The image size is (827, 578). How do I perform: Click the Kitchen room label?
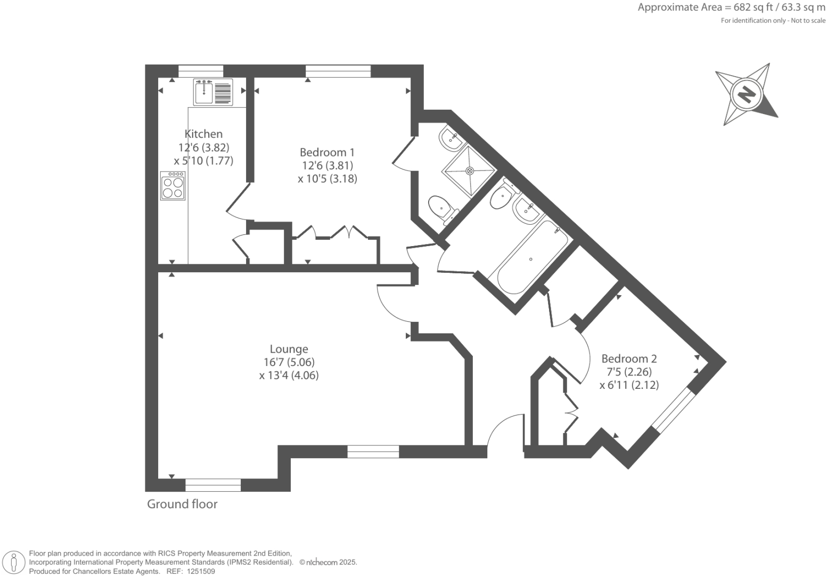coord(203,134)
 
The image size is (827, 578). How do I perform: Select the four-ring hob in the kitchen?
coord(173,186)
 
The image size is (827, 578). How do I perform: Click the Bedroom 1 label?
coord(327,152)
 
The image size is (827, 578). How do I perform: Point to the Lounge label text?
coord(289,349)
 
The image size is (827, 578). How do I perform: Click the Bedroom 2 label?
coord(629,359)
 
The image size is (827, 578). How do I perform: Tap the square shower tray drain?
coord(470,171)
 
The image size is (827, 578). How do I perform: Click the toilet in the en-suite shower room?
coord(441,207)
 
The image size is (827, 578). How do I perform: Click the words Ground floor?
coord(182,504)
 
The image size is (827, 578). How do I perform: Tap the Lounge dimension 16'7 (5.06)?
coord(289,362)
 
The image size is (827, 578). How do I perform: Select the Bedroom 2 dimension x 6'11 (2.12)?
coord(629,385)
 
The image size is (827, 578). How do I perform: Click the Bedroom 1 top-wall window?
coord(338,71)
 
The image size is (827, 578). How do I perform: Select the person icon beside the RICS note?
coord(14,563)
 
